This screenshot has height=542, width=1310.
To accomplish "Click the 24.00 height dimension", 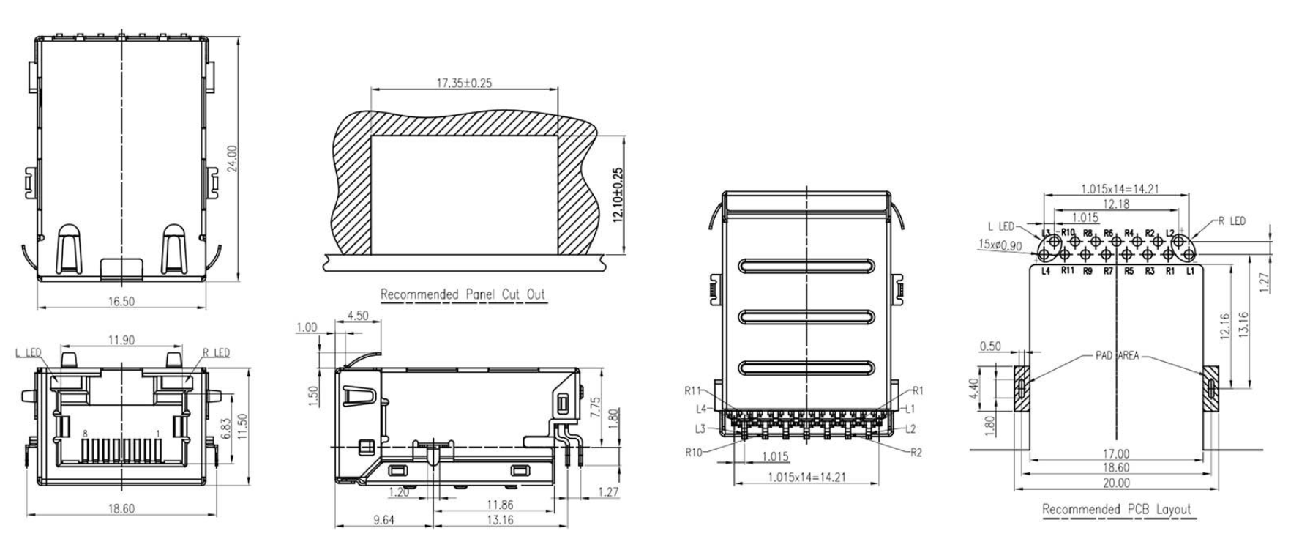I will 232,158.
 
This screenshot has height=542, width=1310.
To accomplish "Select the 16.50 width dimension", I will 121,301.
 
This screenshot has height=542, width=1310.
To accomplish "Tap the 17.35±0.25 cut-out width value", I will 464,83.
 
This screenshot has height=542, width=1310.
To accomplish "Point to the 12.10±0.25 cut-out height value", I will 617,196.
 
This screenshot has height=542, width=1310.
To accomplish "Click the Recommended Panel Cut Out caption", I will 463,294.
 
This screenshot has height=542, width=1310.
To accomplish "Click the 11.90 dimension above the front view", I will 121,340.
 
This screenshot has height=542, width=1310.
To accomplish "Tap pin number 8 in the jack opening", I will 85,434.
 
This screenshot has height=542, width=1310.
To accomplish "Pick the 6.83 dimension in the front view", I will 226,429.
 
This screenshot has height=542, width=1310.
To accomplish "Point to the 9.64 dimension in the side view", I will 383,520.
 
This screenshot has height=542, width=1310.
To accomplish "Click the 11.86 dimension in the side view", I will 499,504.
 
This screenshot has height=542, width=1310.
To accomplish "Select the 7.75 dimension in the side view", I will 594,406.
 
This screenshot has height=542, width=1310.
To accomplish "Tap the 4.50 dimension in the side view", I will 357,316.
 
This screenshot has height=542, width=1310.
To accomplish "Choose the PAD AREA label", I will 1117,356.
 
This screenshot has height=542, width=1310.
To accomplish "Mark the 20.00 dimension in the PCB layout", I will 1116,483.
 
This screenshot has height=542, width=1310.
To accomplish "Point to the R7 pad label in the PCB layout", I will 1108,271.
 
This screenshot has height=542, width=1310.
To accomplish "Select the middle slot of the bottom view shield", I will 806,316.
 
